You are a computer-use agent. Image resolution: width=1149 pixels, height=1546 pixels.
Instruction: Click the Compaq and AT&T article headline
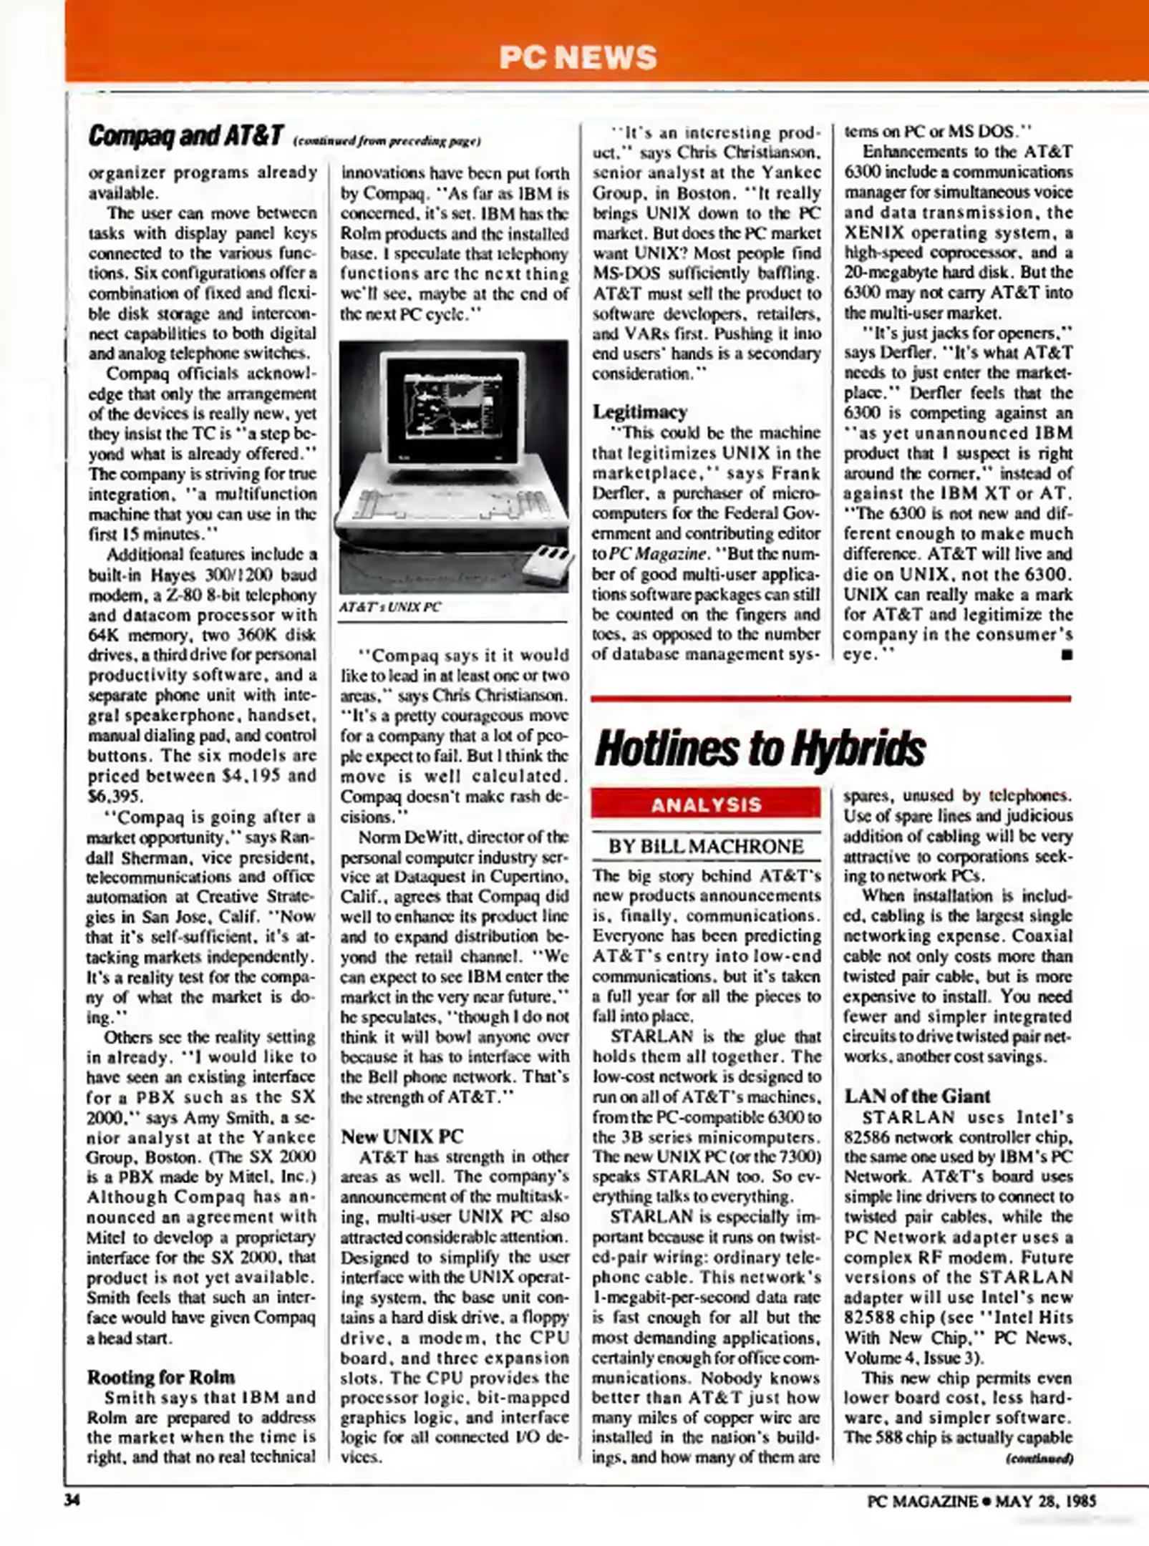point(186,136)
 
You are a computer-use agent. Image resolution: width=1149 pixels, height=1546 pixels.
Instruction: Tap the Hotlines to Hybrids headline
point(760,749)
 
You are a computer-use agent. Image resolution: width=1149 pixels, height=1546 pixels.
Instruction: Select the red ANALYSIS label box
point(705,804)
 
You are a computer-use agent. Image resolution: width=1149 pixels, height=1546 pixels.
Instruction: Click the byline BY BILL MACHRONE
point(705,847)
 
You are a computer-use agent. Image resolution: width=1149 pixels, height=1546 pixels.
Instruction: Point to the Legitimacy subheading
point(639,412)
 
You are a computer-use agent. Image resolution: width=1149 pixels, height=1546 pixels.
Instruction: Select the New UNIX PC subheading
point(402,1137)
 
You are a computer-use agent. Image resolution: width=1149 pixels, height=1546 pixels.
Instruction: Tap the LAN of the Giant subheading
point(917,1097)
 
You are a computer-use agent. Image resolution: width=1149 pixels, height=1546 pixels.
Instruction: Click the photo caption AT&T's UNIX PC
point(390,608)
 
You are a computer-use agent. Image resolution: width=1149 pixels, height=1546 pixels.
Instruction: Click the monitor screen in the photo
point(452,410)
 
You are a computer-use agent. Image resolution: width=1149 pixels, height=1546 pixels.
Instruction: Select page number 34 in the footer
point(72,1501)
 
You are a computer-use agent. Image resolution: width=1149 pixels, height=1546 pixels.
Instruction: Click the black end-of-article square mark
point(1067,654)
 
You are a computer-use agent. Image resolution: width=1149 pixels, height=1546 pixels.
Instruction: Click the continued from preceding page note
point(387,141)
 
